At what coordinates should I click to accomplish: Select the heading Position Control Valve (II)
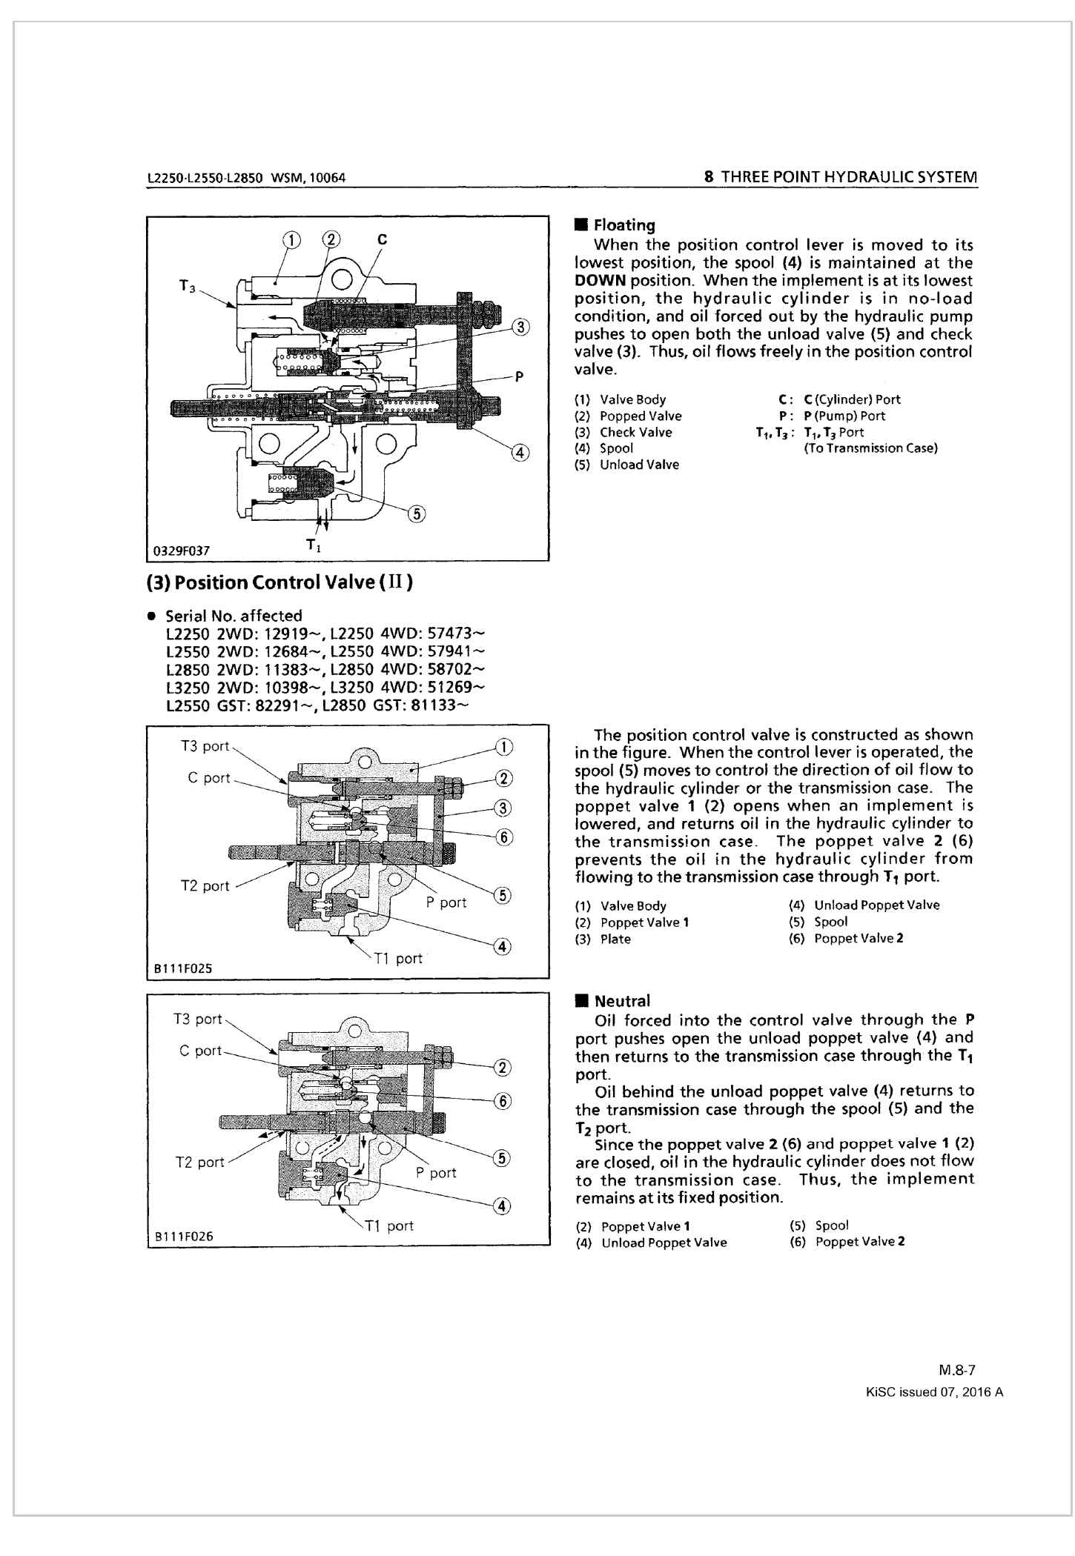pyautogui.click(x=280, y=582)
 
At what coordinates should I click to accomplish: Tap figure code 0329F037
pyautogui.click(x=182, y=551)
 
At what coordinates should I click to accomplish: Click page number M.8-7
pyautogui.click(x=956, y=1371)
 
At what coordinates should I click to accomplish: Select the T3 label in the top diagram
pyautogui.click(x=187, y=285)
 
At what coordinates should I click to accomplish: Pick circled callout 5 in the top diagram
pyautogui.click(x=417, y=514)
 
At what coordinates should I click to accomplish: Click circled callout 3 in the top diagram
pyautogui.click(x=521, y=327)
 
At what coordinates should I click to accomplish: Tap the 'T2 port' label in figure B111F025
pyautogui.click(x=205, y=886)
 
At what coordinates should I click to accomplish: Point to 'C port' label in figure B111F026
pyautogui.click(x=200, y=1051)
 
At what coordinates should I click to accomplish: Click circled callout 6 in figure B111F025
pyautogui.click(x=504, y=837)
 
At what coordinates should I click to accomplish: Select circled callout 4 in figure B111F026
pyautogui.click(x=502, y=1206)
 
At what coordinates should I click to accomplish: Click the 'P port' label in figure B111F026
pyautogui.click(x=436, y=1173)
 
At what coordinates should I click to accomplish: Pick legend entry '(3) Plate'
pyautogui.click(x=603, y=940)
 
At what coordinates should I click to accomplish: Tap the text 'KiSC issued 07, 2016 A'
pyautogui.click(x=934, y=1392)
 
